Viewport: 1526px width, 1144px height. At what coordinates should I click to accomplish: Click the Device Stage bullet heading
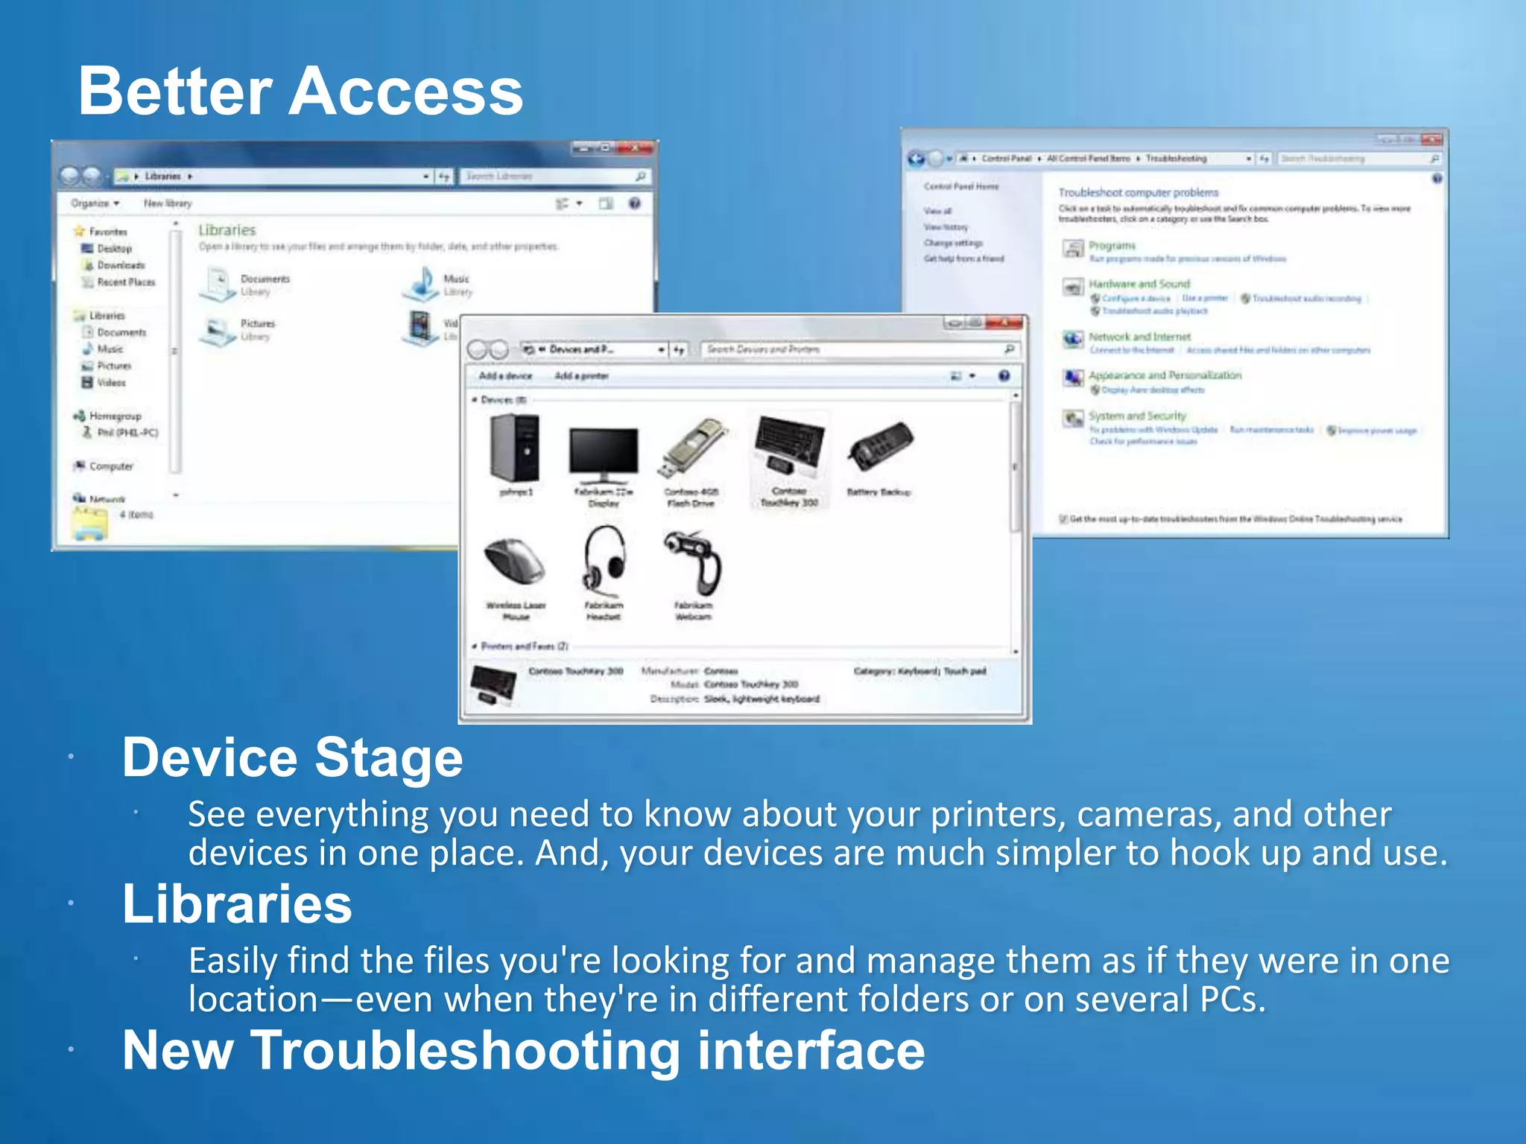292,757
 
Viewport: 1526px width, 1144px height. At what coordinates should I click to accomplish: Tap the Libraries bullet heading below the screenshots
236,904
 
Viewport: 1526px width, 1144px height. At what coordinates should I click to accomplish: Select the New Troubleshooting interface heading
523,1050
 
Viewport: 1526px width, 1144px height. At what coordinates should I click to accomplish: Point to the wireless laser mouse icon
515,562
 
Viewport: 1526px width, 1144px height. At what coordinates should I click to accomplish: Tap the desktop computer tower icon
516,447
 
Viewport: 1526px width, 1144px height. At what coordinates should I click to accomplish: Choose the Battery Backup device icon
880,445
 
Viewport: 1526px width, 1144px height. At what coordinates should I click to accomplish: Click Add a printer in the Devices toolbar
581,376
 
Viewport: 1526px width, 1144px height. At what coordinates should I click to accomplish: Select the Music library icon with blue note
422,284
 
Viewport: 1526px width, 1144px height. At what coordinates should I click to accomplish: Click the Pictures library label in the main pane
258,324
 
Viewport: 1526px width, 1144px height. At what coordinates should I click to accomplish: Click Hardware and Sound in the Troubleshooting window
1139,284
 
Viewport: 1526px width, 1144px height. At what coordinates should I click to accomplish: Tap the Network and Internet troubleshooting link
1139,337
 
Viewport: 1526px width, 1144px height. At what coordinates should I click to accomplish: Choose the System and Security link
1136,416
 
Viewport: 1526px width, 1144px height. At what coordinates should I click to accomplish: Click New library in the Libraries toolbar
168,203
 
